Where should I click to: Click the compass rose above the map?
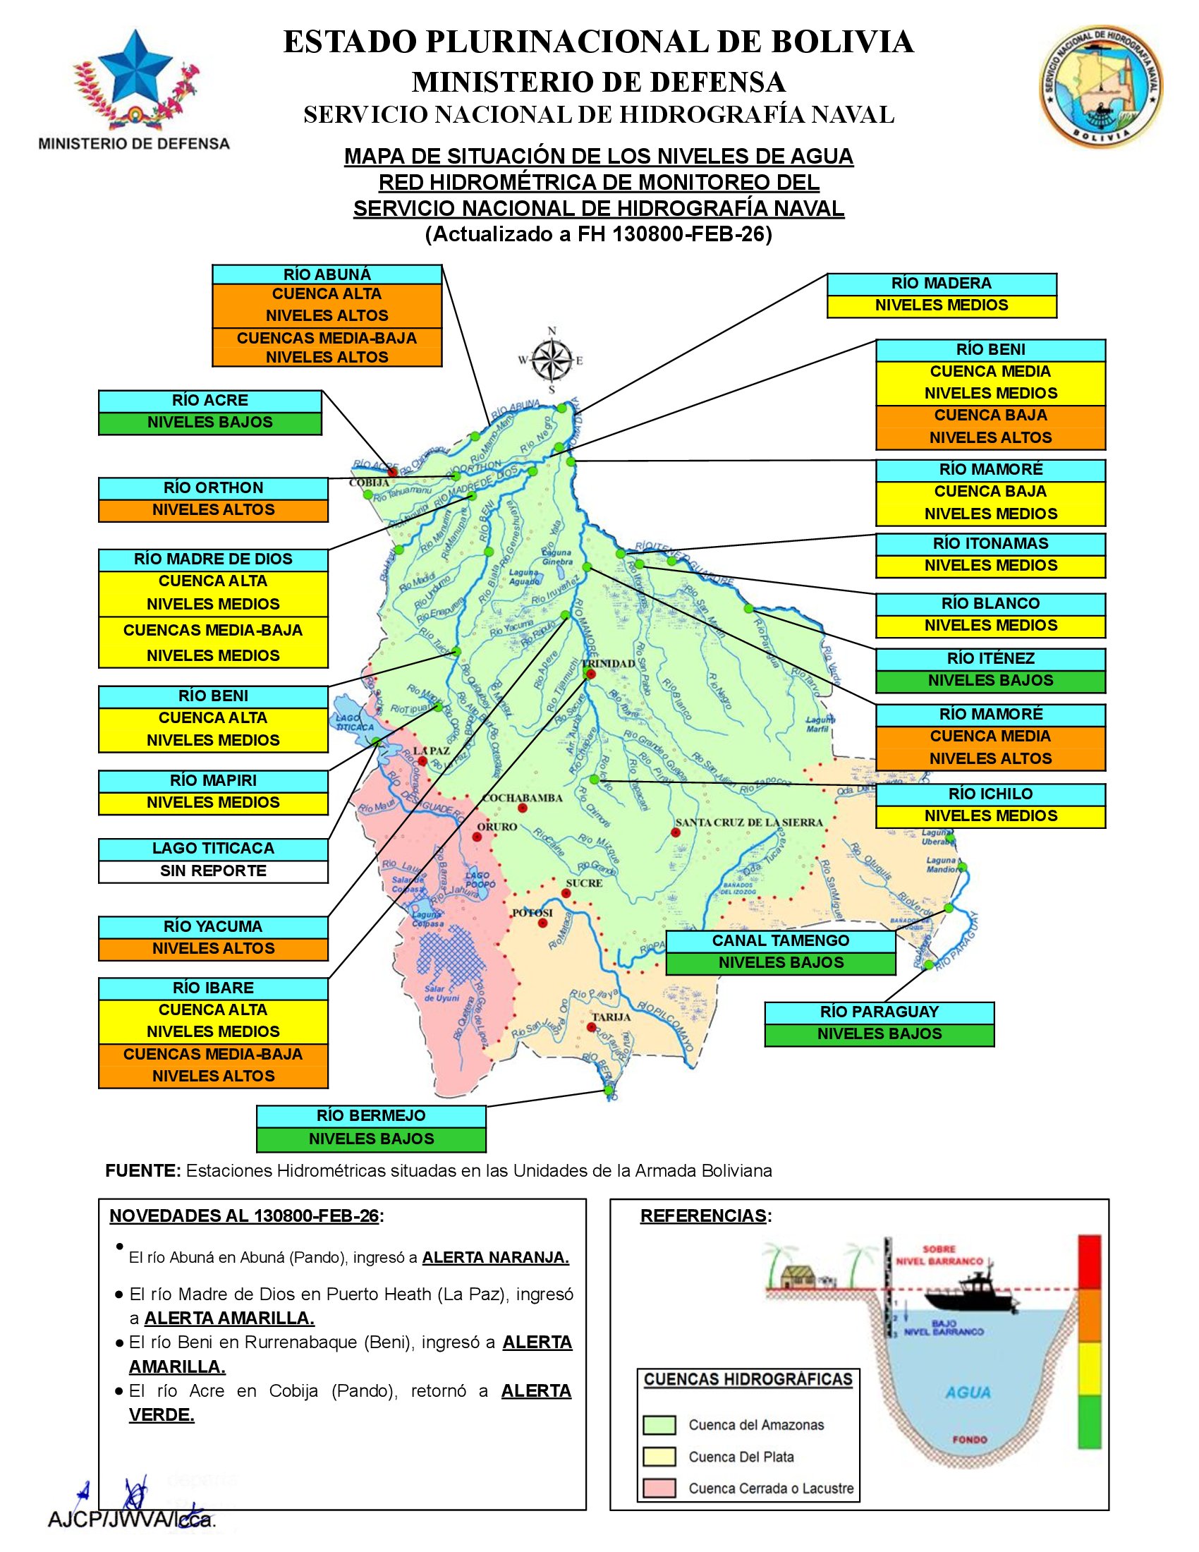[552, 360]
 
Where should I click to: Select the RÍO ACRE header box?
[209, 401]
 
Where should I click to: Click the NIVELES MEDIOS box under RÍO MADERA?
[941, 305]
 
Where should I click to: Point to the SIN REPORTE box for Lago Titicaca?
[213, 871]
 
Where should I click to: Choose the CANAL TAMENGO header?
[781, 941]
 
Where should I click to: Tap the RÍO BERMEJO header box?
[371, 1117]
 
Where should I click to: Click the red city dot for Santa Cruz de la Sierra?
[675, 833]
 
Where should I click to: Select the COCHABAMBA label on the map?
[522, 798]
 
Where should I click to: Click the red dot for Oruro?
[477, 837]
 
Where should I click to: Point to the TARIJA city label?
[611, 1017]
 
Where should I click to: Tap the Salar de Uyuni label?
[442, 993]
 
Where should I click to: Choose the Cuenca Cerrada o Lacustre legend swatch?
[659, 1489]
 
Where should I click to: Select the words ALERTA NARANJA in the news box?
[495, 1258]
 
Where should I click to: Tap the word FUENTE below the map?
[142, 1171]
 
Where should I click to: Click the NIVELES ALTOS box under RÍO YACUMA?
[213, 949]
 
